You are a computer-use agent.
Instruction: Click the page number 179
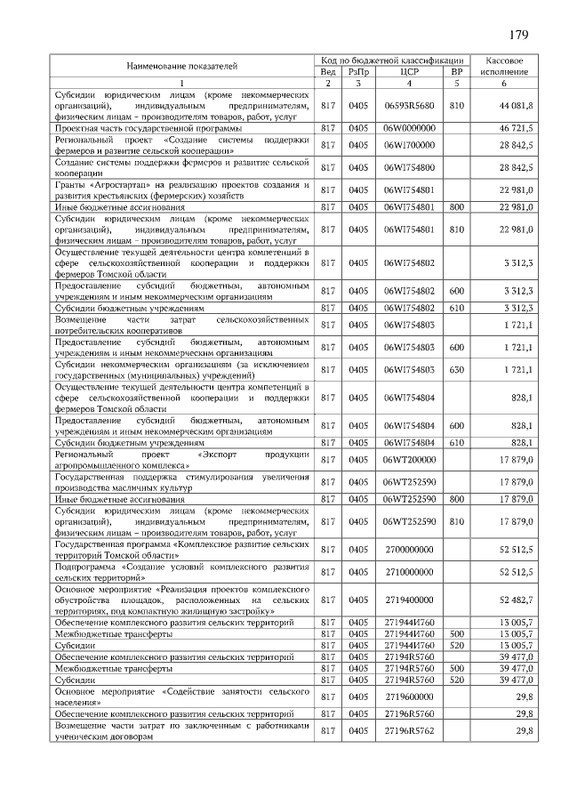click(x=519, y=36)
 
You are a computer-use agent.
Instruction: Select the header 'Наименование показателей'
click(x=181, y=66)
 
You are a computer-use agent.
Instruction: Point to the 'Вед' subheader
click(x=328, y=71)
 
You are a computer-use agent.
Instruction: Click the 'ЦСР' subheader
click(x=409, y=71)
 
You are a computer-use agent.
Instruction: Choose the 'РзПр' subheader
click(x=359, y=71)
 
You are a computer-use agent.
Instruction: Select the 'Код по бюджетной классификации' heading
click(x=392, y=59)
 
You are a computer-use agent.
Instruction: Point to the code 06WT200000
click(x=409, y=460)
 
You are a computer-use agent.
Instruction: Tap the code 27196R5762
click(x=409, y=730)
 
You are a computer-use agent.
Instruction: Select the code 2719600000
click(x=409, y=695)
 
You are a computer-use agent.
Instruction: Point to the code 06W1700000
click(x=409, y=144)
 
